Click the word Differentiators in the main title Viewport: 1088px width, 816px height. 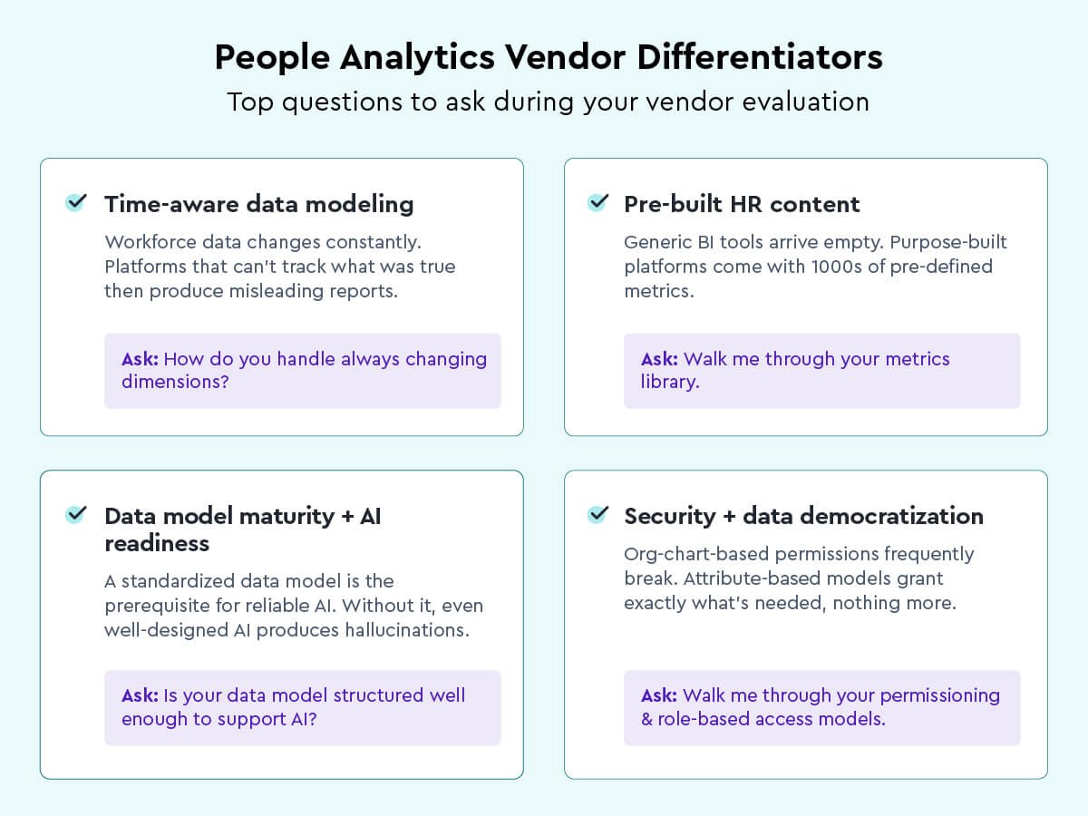click(x=760, y=57)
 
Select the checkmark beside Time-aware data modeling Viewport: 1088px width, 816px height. click(x=76, y=202)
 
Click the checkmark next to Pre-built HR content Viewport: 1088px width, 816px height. click(x=597, y=202)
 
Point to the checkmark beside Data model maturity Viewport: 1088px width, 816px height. click(x=76, y=514)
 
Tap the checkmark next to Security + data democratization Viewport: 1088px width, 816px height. click(x=597, y=514)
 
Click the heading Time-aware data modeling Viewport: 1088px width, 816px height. click(x=258, y=205)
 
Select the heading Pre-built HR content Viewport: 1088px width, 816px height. click(x=742, y=204)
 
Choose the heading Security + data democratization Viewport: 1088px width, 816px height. click(x=803, y=516)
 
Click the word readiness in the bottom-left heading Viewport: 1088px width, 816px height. click(x=157, y=543)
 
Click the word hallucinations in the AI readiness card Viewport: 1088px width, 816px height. click(x=407, y=630)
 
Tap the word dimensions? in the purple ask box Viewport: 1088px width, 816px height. click(x=175, y=382)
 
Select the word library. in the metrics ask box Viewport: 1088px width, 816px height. click(x=670, y=382)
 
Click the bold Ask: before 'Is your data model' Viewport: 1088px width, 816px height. click(x=140, y=695)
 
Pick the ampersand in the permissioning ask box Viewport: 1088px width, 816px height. click(x=646, y=719)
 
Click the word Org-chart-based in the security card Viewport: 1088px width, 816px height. click(x=696, y=554)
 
